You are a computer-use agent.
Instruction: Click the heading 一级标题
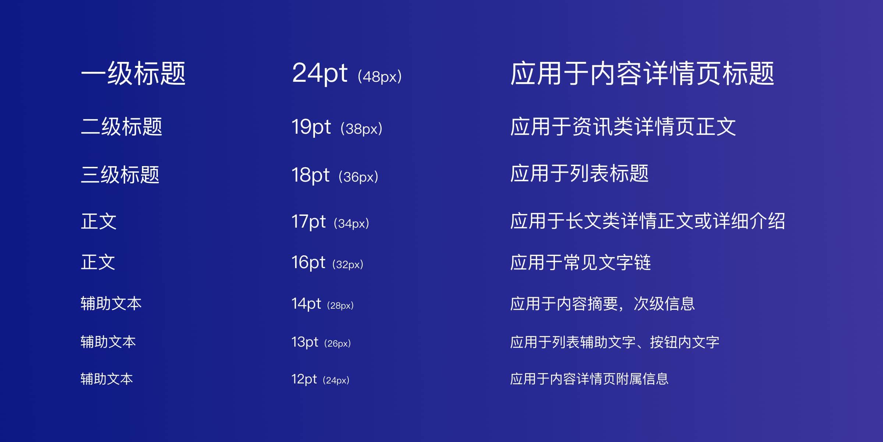[x=133, y=73]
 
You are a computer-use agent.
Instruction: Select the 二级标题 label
[x=121, y=127]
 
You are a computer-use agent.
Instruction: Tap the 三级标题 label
[x=120, y=174]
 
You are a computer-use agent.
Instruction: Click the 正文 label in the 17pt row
[x=99, y=221]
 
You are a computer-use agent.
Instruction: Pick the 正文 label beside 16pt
[x=98, y=262]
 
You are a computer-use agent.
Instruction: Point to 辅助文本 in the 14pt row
[x=111, y=304]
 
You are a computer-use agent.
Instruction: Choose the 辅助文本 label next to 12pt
[x=107, y=379]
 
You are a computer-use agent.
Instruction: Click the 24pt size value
[x=319, y=73]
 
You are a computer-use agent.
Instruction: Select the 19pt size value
[x=311, y=127]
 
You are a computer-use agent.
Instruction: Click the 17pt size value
[x=308, y=222]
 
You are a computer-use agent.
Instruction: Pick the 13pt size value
[x=305, y=342]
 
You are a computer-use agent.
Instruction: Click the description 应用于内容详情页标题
[x=642, y=73]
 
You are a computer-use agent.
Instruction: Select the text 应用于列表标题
[x=579, y=173]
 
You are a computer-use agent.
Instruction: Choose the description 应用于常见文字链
[x=581, y=263]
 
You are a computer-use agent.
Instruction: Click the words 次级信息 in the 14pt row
[x=664, y=304]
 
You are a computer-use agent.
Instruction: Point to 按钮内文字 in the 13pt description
[x=684, y=342]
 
